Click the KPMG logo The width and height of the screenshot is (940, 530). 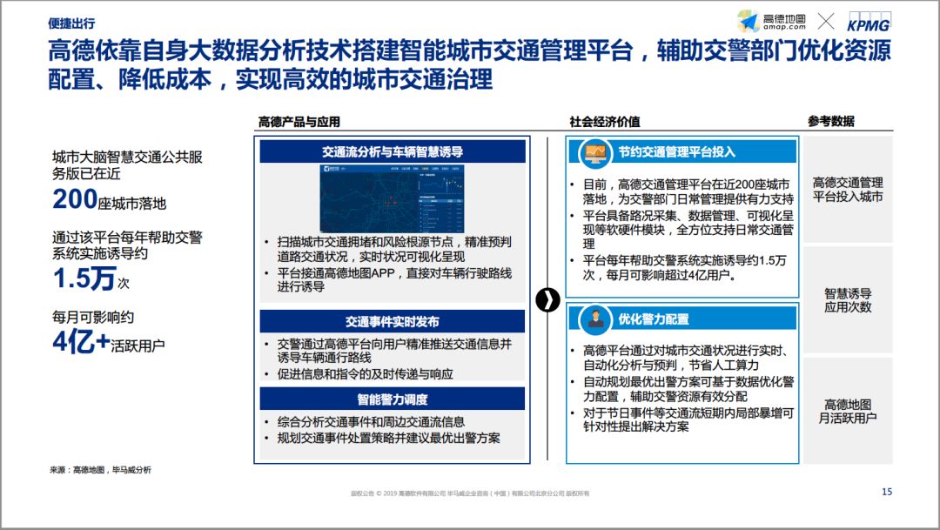pyautogui.click(x=869, y=23)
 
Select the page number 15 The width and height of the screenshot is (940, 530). pyautogui.click(x=887, y=492)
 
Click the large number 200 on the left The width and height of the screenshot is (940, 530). pyautogui.click(x=75, y=200)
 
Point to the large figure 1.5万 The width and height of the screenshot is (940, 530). pyautogui.click(x=84, y=278)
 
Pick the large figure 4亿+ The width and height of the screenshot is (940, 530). pyautogui.click(x=79, y=343)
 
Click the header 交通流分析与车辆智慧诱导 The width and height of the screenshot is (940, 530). pyautogui.click(x=393, y=151)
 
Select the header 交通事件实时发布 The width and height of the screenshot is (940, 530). pyautogui.click(x=393, y=321)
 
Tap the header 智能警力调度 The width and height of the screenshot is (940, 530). pyautogui.click(x=393, y=399)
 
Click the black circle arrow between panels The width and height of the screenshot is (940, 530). pyautogui.click(x=547, y=299)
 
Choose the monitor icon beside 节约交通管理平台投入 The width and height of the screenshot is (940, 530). pyautogui.click(x=596, y=153)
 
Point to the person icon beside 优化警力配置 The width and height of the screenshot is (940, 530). pyautogui.click(x=596, y=319)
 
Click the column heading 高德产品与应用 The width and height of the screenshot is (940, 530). pyautogui.click(x=299, y=122)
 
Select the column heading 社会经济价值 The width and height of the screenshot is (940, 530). pyautogui.click(x=605, y=122)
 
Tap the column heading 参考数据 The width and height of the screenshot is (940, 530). pyautogui.click(x=830, y=122)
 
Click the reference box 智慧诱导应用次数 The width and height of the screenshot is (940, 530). pyautogui.click(x=848, y=300)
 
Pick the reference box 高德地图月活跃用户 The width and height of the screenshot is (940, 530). pyautogui.click(x=848, y=411)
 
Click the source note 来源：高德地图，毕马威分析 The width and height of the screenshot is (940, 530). pyautogui.click(x=100, y=470)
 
